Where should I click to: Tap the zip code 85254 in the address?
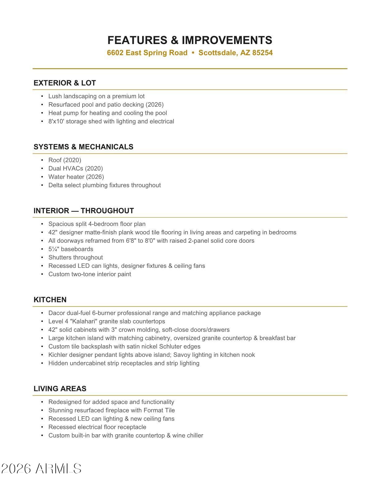262,53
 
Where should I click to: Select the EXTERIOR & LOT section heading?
65,83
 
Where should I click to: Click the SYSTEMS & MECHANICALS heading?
83,147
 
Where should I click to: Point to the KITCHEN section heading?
50,300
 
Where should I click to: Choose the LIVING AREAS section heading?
60,389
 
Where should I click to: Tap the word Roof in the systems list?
55,160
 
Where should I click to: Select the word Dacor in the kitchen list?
57,313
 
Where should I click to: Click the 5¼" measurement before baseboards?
54,249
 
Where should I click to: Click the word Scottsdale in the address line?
217,53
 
